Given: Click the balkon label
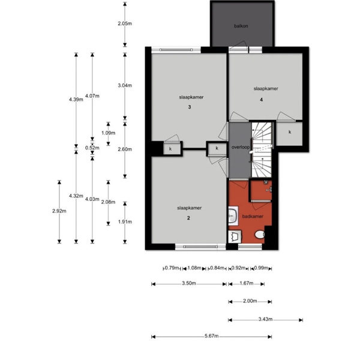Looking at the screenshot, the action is coord(241,26).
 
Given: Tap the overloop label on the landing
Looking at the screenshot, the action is coord(241,147).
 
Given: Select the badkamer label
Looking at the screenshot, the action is coord(253,216).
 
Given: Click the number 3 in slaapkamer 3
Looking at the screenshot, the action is coord(190,107).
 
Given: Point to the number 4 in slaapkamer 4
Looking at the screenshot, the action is coord(262,100).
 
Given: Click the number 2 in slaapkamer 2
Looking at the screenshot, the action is coord(188,218).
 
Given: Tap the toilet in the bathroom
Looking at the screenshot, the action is coord(260,234).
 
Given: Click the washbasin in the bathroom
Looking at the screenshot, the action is coord(233,216).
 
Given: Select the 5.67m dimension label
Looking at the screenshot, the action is coord(212,336).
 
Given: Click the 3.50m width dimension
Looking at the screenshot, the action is coord(189,283).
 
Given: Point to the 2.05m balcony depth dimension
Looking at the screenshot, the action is coord(125,23).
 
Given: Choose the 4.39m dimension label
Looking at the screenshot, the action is coord(76,100).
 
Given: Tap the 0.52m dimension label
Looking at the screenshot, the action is coord(92,148).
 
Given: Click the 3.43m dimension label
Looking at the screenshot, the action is coord(265,319).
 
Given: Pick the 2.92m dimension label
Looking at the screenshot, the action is coord(59,211).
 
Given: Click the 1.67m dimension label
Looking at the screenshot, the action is coord(247,283).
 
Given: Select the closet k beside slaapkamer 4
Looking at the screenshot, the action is coord(289,134).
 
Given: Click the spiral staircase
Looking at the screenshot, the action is coord(262,150).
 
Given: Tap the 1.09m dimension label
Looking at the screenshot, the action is coord(109,133).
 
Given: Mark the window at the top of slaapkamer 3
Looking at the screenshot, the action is coord(176,50).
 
